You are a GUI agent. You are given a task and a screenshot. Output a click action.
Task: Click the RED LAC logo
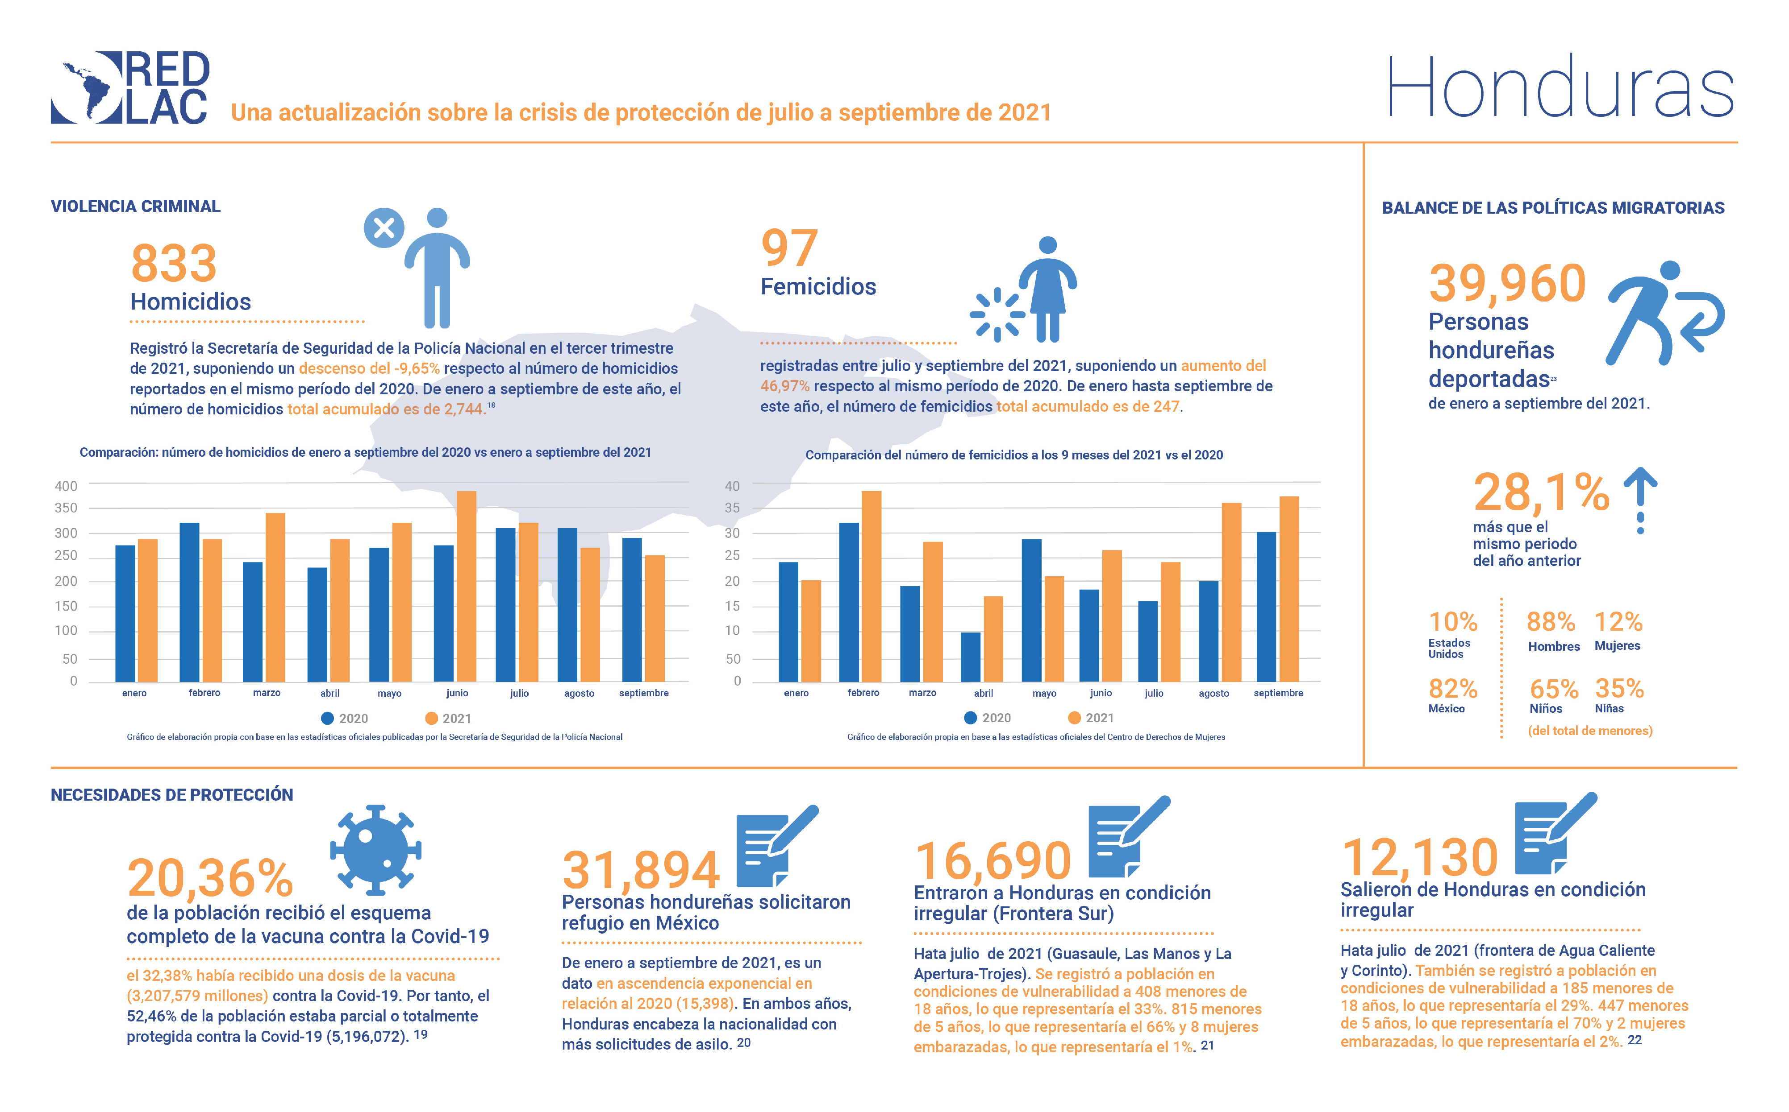(x=130, y=87)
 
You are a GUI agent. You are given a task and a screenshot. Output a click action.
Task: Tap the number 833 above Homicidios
(x=174, y=263)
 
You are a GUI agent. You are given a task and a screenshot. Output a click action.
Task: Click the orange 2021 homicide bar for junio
(x=467, y=586)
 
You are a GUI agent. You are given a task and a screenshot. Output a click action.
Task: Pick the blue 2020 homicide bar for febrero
(x=189, y=602)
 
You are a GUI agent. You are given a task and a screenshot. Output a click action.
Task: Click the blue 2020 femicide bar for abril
(x=971, y=656)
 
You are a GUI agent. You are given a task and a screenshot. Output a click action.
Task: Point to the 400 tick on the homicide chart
(x=66, y=486)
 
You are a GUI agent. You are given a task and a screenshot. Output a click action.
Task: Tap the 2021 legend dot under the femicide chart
(x=1075, y=718)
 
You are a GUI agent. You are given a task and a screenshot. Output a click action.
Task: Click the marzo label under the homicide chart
(x=267, y=693)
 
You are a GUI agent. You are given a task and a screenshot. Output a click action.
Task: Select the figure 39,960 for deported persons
(x=1507, y=283)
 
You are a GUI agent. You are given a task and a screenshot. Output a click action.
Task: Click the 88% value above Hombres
(x=1551, y=622)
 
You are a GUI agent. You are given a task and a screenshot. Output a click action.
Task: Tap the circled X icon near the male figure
(x=384, y=228)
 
